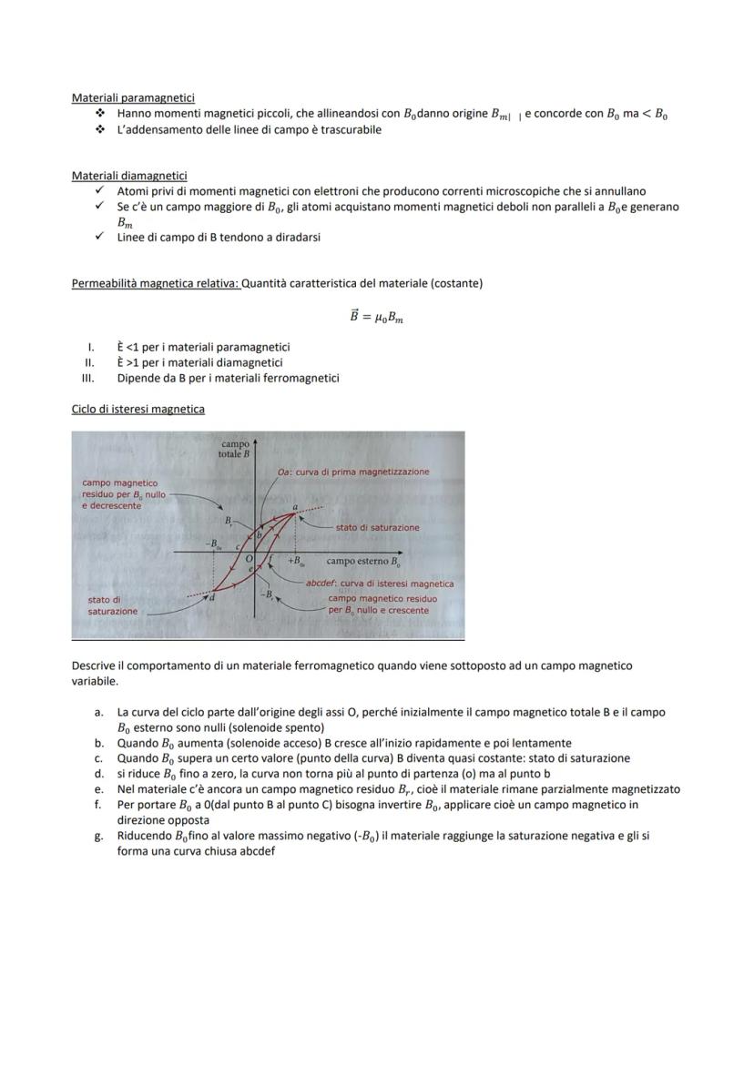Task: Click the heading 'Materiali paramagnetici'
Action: click(x=133, y=97)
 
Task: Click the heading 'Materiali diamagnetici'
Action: click(x=129, y=175)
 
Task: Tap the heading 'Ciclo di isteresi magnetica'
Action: click(x=138, y=410)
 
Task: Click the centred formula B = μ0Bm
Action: click(x=376, y=316)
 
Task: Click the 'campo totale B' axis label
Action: click(x=235, y=449)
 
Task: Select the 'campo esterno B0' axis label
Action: click(x=363, y=562)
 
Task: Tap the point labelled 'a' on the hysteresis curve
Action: click(x=295, y=507)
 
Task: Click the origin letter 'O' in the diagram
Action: click(x=248, y=556)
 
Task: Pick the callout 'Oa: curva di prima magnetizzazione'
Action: click(x=353, y=472)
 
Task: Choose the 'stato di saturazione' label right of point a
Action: click(x=377, y=527)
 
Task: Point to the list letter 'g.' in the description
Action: click(x=99, y=836)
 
